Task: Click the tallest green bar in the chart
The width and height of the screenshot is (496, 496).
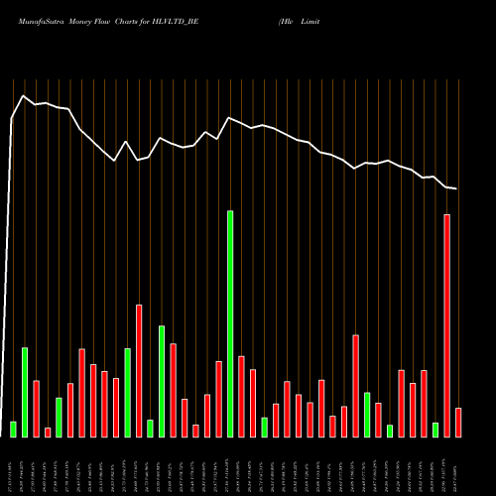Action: (x=230, y=323)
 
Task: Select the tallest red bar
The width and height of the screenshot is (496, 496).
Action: (x=446, y=325)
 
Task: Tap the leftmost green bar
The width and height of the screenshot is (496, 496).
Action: (x=13, y=429)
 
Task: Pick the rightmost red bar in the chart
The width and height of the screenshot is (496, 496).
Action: (x=458, y=422)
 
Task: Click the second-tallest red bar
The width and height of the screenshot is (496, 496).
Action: (x=139, y=370)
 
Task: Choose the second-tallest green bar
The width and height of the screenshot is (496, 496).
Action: (x=162, y=381)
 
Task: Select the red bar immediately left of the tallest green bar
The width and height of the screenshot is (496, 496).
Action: (x=218, y=399)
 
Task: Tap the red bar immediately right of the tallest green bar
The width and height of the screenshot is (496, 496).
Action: (x=241, y=396)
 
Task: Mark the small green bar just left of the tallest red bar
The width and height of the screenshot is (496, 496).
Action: (x=435, y=430)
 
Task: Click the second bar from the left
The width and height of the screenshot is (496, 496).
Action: (x=25, y=392)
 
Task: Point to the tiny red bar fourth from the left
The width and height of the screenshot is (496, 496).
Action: (x=48, y=432)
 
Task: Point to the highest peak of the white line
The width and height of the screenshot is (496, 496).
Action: (x=23, y=95)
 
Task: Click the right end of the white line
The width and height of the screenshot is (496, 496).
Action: (x=457, y=188)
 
